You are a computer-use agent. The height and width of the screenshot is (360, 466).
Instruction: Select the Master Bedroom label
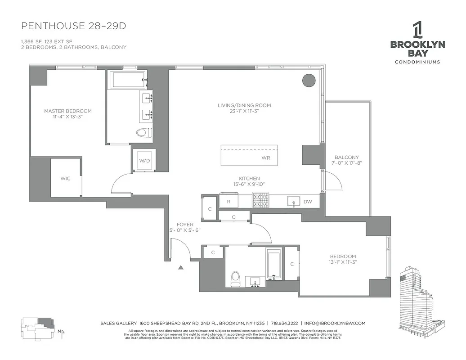(67, 111)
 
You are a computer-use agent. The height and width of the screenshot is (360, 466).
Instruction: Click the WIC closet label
(65, 179)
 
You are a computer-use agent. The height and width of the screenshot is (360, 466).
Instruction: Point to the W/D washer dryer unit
(144, 161)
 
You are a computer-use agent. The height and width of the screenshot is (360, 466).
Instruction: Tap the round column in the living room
(309, 80)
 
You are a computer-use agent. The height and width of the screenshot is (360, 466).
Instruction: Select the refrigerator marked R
(229, 202)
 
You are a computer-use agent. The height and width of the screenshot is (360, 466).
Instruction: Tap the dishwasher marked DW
(308, 202)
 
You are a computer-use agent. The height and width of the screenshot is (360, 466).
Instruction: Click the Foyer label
(184, 224)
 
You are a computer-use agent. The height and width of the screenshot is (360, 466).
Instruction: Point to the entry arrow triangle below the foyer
(181, 267)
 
